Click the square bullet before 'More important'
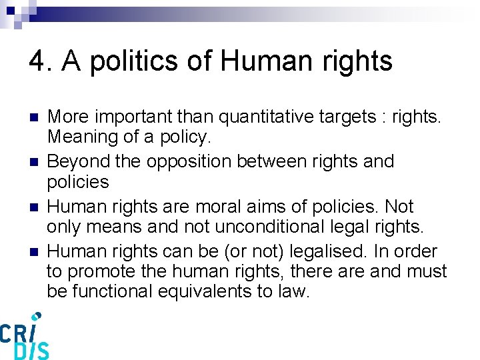tap(33, 117)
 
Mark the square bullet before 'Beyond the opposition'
tap(33, 161)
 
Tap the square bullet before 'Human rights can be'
tap(33, 251)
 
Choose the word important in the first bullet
tap(136, 117)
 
